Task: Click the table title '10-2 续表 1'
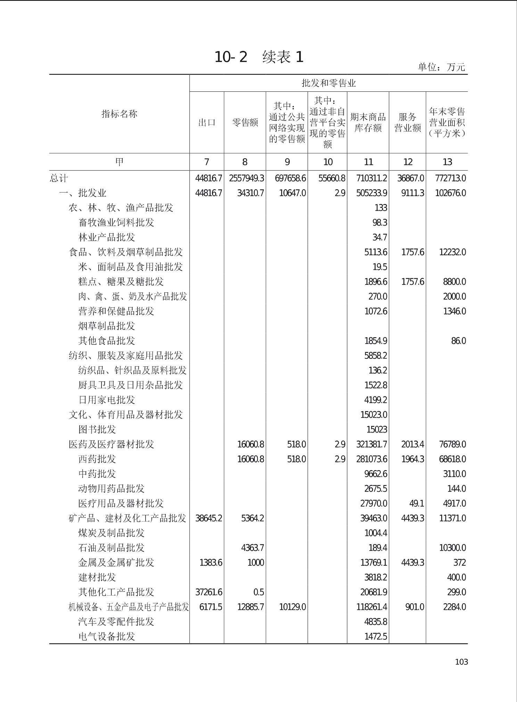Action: pos(259,57)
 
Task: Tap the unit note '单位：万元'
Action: pos(441,67)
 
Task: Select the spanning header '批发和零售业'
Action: pos(328,83)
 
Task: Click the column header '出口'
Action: pos(207,122)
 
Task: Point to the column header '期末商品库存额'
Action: pos(368,122)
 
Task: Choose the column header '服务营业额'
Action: pos(407,122)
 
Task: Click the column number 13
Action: pos(447,162)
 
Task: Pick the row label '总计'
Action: pos(59,178)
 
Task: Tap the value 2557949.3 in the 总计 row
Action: pos(246,178)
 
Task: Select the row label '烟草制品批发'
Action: pos(107,326)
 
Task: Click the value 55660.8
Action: pos(332,178)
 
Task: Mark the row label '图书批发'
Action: pos(97,429)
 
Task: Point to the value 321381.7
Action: pos(371,444)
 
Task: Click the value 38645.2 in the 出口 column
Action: pos(208,518)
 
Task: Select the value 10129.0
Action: pos(293,607)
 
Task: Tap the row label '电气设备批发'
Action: pos(107,637)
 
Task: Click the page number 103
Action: pos(461,662)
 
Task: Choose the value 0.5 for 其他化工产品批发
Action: pos(258,592)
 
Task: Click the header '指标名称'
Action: pos(119,114)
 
